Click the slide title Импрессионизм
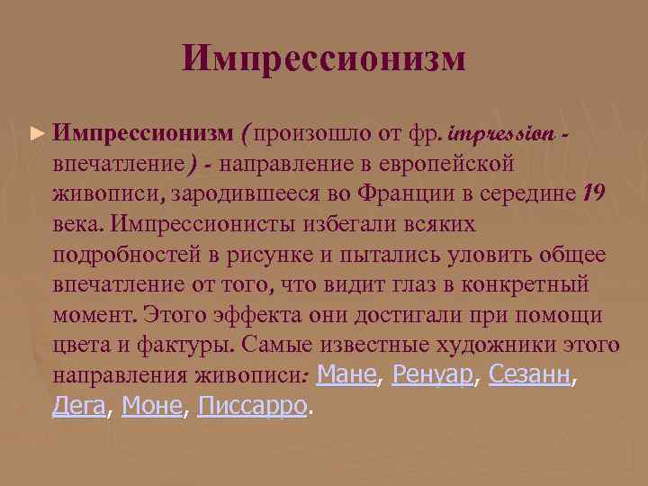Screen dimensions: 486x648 (x=324, y=59)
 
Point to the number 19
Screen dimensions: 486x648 (x=595, y=193)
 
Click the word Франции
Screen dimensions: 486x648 (x=400, y=193)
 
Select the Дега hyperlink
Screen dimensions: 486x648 (x=79, y=407)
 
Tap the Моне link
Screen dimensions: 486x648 (x=151, y=407)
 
